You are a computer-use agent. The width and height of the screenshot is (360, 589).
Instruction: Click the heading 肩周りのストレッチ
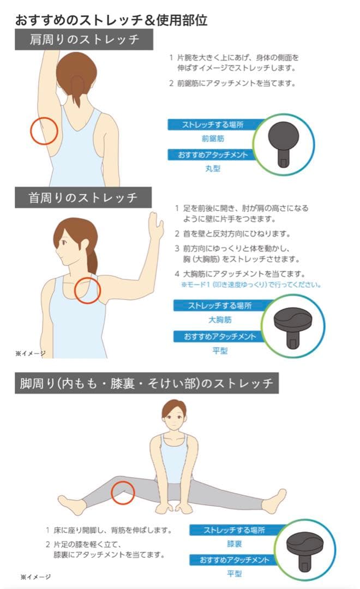point(84,39)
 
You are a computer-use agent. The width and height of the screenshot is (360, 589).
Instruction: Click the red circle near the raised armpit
point(44,131)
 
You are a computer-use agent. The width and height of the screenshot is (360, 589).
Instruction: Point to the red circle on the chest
point(87,290)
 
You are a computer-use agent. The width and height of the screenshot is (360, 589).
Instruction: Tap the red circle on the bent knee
point(123,492)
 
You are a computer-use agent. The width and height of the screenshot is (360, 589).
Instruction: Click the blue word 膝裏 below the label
point(235,544)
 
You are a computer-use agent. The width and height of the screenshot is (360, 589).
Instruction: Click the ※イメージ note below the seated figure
point(35,576)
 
